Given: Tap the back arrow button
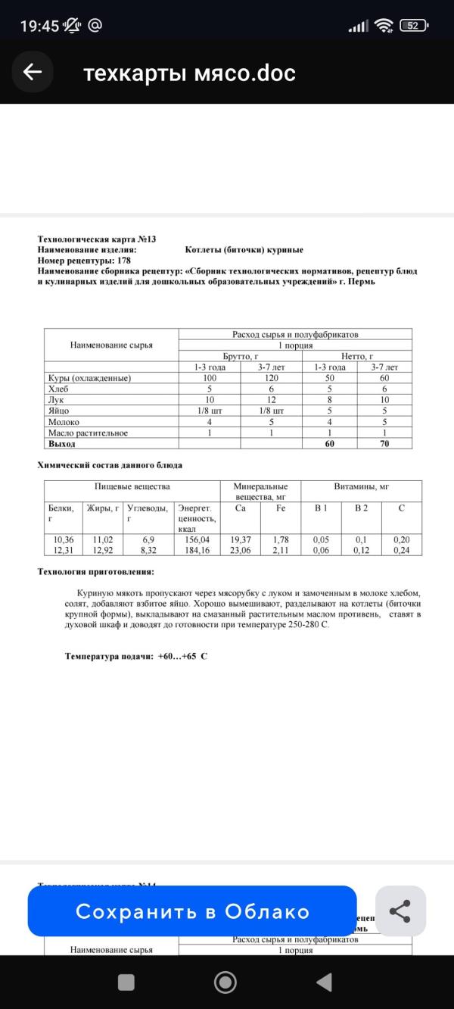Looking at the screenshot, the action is pyautogui.click(x=33, y=72).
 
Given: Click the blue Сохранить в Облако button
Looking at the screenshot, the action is pyautogui.click(x=192, y=911).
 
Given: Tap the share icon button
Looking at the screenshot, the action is pyautogui.click(x=400, y=911).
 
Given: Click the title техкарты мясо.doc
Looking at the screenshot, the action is pyautogui.click(x=189, y=73).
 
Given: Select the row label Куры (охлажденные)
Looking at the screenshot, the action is pyautogui.click(x=89, y=378).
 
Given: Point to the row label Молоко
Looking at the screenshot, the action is pyautogui.click(x=64, y=422).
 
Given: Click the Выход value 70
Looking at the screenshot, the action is pyautogui.click(x=384, y=444).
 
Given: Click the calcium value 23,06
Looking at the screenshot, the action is pyautogui.click(x=241, y=551).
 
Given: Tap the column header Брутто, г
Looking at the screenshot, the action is pyautogui.click(x=240, y=356).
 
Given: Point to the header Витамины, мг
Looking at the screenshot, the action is pyautogui.click(x=361, y=486).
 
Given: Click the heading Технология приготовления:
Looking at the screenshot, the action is pyautogui.click(x=96, y=572).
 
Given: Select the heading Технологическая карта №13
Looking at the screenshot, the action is pyautogui.click(x=97, y=239).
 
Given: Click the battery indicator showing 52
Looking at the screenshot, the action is pyautogui.click(x=413, y=25).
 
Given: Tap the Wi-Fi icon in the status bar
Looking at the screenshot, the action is pyautogui.click(x=384, y=26).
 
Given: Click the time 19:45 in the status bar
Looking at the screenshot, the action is pyautogui.click(x=39, y=26).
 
